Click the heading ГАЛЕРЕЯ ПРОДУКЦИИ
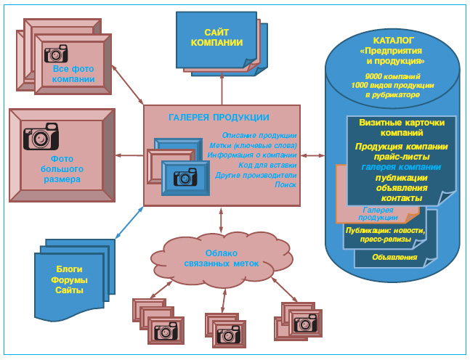(x=219, y=118)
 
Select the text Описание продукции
(x=259, y=135)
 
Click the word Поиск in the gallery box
(x=285, y=185)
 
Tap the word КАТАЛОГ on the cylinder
(x=393, y=41)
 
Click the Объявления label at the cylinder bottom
(x=394, y=257)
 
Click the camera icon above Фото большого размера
(x=41, y=136)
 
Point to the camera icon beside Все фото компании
(x=56, y=53)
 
